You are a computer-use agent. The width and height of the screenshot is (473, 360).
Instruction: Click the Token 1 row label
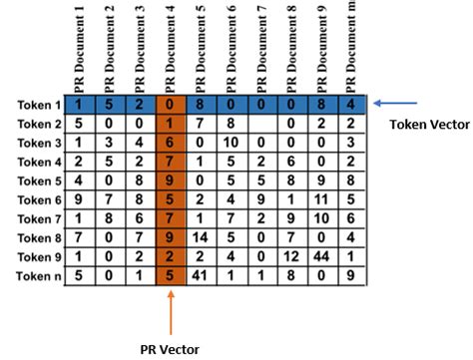tap(37, 105)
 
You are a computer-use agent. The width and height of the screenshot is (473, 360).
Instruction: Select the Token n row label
tap(37, 274)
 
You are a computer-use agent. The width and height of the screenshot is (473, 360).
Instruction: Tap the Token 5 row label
tap(37, 180)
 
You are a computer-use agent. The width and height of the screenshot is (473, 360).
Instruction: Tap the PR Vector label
tap(171, 349)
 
